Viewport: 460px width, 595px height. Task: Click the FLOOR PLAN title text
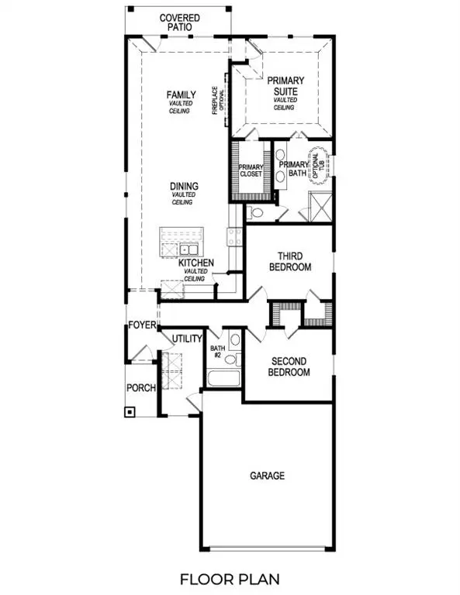[230, 578]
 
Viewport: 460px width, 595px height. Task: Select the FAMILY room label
[182, 95]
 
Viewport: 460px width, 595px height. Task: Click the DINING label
[184, 187]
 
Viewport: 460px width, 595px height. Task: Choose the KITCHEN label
[195, 263]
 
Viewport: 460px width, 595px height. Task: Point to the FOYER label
[143, 325]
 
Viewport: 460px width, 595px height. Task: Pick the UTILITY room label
[187, 339]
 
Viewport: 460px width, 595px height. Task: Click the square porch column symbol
[130, 411]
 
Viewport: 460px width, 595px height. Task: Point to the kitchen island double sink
[187, 249]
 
